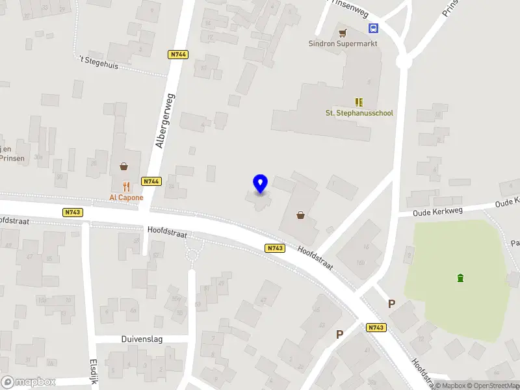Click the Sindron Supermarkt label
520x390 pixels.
click(343, 44)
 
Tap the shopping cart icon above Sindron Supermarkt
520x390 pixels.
click(343, 31)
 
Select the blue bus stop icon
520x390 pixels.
click(374, 28)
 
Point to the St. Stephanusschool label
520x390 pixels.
click(359, 113)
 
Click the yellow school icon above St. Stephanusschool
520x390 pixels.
click(359, 101)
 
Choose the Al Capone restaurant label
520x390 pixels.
click(126, 198)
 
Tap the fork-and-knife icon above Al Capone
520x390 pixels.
click(126, 186)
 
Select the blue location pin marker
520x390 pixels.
click(260, 183)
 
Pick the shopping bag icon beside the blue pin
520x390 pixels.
click(301, 215)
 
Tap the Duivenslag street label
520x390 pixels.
click(141, 339)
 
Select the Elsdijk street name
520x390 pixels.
click(92, 371)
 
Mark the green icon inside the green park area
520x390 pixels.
click(461, 278)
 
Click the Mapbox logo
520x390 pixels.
click(29, 382)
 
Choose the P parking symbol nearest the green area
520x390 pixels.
click(391, 304)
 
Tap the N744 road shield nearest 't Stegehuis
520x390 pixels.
click(177, 55)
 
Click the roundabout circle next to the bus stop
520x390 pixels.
click(404, 60)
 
